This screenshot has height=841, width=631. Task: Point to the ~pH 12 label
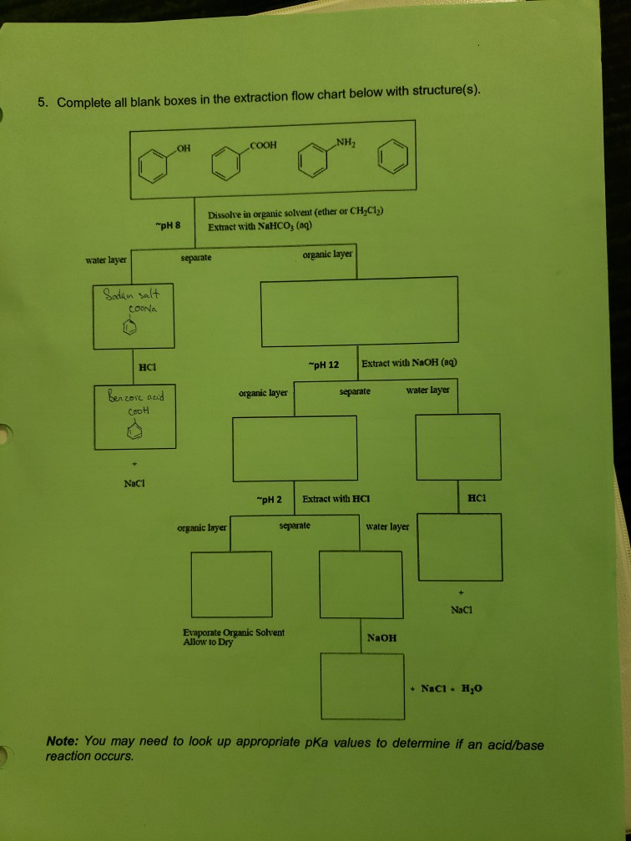[323, 365]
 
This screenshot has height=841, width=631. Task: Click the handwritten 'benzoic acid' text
[134, 396]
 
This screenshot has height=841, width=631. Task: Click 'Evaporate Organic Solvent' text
[233, 632]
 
